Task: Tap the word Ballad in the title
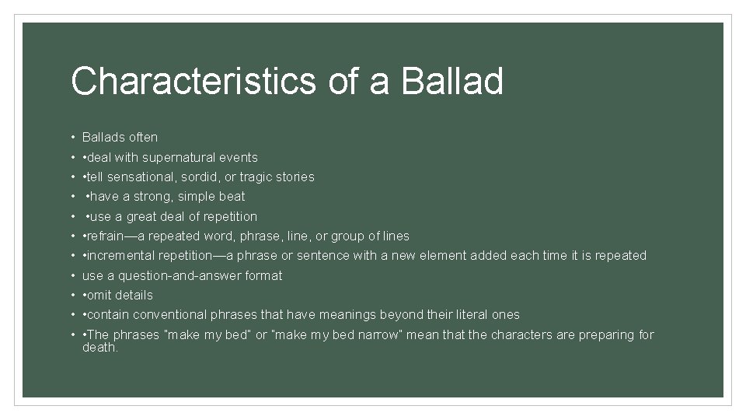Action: [452, 82]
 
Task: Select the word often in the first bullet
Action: [142, 138]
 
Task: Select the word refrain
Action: [108, 236]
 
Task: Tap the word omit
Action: [99, 296]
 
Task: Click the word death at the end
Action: [99, 348]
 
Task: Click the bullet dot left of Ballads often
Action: [71, 138]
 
